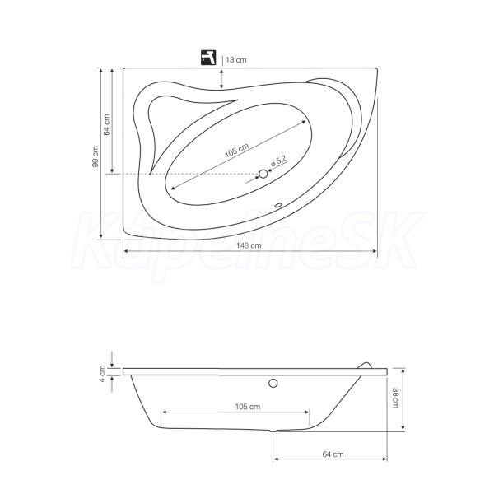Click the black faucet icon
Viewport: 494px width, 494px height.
208,58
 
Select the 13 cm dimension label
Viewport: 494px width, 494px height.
236,59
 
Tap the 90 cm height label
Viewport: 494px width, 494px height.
96,156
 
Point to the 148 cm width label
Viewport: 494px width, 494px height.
249,245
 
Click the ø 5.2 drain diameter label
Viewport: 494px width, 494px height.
279,161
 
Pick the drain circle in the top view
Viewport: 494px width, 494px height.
263,174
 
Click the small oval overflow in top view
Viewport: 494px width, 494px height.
278,205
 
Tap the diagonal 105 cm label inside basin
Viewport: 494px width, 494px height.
237,151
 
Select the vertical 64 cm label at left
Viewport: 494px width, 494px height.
107,125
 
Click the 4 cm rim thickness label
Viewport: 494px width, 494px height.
102,374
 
